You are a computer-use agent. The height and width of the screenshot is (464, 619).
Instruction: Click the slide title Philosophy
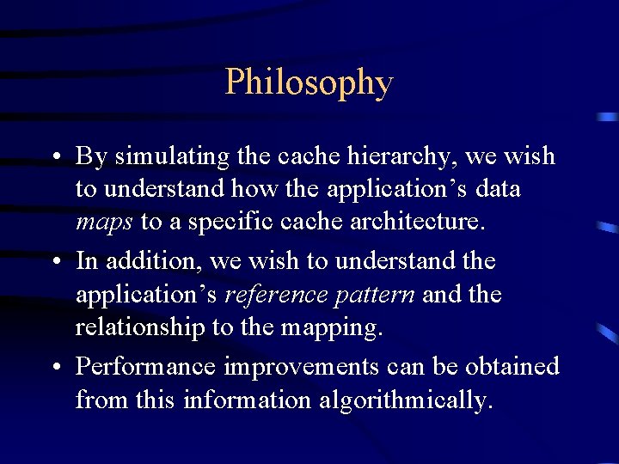309,83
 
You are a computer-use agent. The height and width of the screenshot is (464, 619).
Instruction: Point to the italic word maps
104,223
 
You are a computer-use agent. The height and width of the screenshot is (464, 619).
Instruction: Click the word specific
224,223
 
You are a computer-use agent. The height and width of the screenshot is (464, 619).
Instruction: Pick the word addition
146,260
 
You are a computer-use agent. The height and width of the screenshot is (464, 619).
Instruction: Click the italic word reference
275,295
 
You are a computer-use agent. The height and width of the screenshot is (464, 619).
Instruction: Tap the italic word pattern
375,295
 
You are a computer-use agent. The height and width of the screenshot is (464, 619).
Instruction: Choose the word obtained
512,367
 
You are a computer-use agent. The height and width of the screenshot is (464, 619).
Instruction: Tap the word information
243,401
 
